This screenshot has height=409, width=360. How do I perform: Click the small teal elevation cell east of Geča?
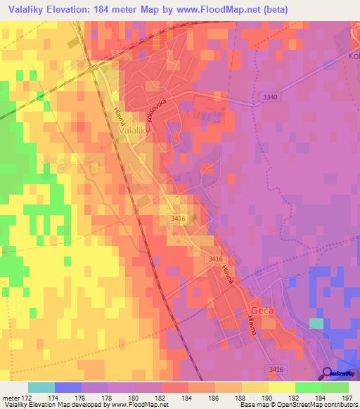[316, 323]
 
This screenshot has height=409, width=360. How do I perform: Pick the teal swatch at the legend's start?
[41, 387]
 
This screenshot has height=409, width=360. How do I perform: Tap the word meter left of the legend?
[10, 398]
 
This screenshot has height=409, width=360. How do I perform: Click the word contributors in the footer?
[340, 405]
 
